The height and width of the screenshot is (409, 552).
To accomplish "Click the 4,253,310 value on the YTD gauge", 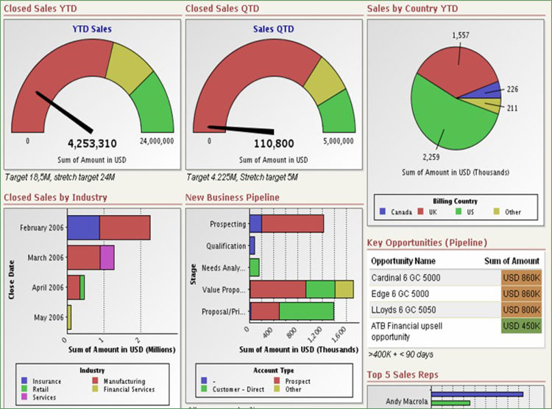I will pyautogui.click(x=92, y=144).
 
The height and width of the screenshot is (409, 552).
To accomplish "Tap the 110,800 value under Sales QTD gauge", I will pyautogui.click(x=274, y=144).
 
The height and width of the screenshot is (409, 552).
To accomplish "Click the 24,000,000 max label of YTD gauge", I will pyautogui.click(x=157, y=141).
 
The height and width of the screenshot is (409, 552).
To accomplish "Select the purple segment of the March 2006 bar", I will pyautogui.click(x=107, y=257).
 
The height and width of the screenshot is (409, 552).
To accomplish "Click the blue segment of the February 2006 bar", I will pyautogui.click(x=83, y=227).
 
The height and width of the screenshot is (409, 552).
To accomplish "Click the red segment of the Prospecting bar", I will pyautogui.click(x=292, y=223).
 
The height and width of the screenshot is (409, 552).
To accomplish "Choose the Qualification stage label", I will pyautogui.click(x=225, y=246).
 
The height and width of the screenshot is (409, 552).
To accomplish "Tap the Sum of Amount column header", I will pyautogui.click(x=512, y=260).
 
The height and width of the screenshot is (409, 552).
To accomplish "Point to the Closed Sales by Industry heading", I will pyautogui.click(x=55, y=197).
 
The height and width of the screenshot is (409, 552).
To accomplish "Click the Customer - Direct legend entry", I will pyautogui.click(x=238, y=389).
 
